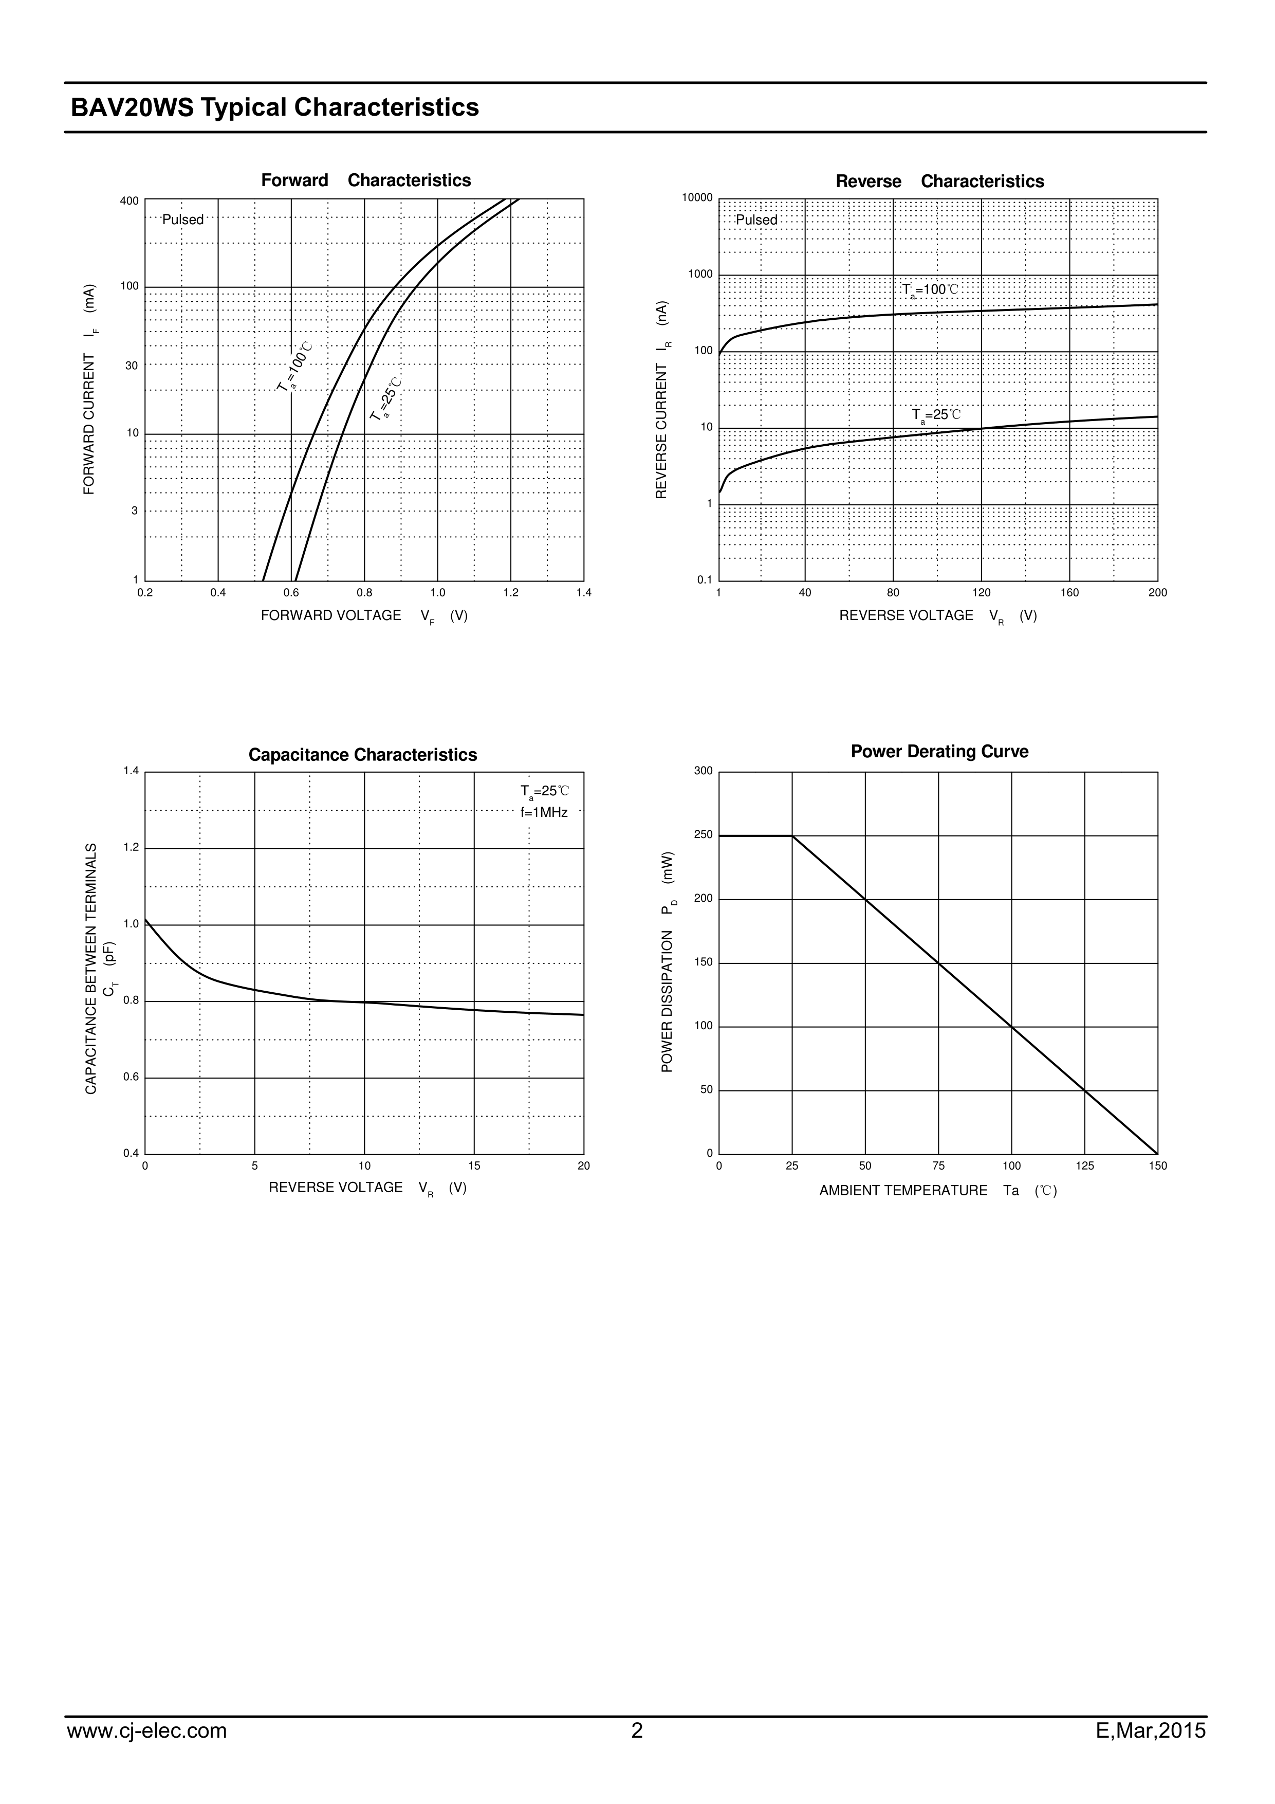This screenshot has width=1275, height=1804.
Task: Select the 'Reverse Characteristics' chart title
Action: point(939,181)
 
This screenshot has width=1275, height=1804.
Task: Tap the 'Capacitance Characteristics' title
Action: point(362,755)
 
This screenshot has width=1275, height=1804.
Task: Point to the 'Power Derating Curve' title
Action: point(939,752)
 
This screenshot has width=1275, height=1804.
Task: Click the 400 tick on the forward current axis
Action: point(130,201)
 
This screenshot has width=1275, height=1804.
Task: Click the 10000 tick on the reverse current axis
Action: point(697,198)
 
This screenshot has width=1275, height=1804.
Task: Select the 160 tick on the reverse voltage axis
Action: point(1069,593)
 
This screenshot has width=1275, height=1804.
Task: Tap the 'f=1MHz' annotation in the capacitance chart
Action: point(544,812)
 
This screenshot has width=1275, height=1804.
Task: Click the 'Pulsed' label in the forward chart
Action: point(183,220)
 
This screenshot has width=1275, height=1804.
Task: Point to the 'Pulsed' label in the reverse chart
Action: point(756,221)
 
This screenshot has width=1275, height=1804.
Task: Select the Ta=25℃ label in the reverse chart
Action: point(936,415)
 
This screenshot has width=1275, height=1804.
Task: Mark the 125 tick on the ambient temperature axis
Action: point(1085,1166)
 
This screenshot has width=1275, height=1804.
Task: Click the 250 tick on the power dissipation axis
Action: point(704,835)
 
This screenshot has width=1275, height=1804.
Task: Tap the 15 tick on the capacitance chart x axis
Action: point(474,1166)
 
